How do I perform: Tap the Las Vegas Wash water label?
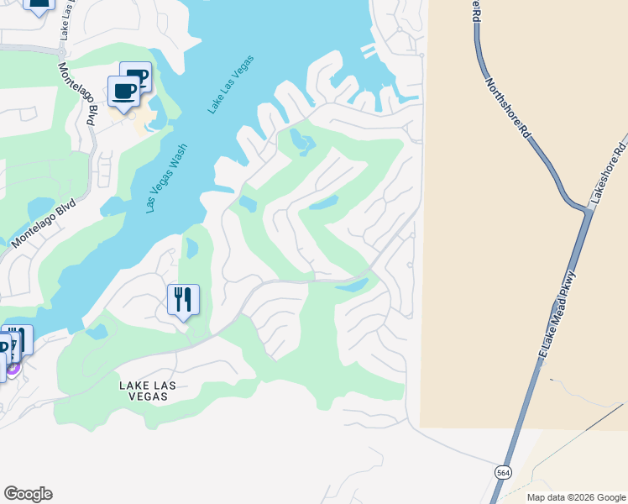click(167, 177)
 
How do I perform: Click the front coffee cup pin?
click(124, 92)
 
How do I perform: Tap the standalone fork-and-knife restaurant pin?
click(182, 300)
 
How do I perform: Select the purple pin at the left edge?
click(13, 366)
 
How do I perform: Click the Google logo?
click(29, 494)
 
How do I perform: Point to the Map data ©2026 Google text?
click(575, 497)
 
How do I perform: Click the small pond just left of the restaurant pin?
click(191, 249)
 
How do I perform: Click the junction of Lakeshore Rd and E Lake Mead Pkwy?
click(589, 209)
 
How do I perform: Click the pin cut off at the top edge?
click(38, 4)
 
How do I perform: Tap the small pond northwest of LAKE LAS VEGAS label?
click(97, 332)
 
